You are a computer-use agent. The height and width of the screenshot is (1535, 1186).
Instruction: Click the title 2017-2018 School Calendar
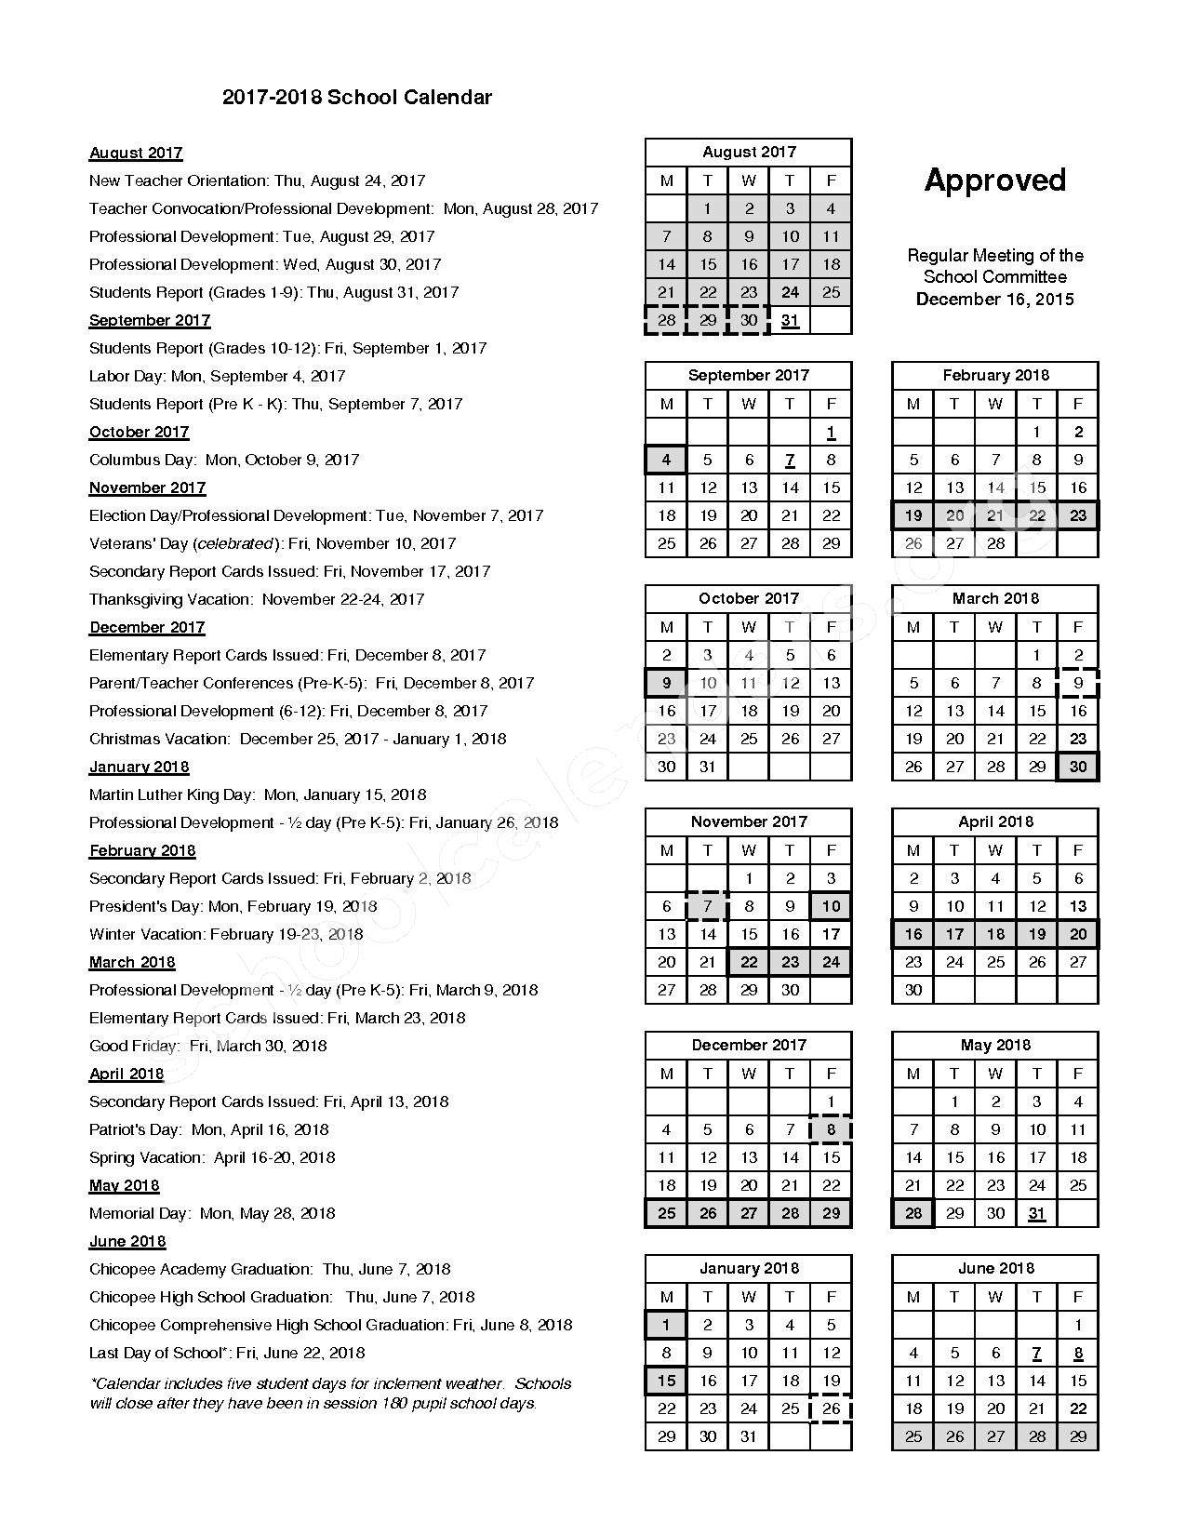356,98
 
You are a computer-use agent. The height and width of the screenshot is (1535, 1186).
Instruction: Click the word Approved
994,180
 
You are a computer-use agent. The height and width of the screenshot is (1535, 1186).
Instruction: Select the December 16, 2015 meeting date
994,299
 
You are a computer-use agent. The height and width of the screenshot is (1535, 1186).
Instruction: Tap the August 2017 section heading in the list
136,153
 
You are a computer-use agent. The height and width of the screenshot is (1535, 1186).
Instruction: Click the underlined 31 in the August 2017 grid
790,320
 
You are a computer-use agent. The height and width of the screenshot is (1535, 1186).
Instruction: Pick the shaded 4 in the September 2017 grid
666,460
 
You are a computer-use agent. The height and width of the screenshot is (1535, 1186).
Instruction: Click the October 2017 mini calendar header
748,598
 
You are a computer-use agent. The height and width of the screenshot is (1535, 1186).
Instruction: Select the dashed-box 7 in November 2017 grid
707,906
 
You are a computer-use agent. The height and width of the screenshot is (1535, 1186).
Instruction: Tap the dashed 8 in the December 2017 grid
831,1129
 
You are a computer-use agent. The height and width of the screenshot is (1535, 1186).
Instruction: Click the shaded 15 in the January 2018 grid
666,1381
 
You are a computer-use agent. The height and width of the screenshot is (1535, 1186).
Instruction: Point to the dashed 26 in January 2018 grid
831,1408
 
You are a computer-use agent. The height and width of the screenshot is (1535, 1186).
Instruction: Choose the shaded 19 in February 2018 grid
913,515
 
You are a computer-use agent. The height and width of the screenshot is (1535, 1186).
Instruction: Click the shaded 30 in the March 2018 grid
1077,767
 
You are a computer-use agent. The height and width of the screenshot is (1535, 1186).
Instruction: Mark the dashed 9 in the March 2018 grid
1077,683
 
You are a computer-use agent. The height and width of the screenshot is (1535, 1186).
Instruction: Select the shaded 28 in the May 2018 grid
913,1213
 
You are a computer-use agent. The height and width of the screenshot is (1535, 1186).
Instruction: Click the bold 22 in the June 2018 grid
1077,1408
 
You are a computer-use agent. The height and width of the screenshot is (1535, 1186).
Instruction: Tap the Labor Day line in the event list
217,376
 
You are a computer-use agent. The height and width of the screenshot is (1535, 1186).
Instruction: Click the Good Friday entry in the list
207,1046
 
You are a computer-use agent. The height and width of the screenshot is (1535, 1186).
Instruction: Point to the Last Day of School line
227,1353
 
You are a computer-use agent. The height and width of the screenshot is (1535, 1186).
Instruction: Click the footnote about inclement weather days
330,1394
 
